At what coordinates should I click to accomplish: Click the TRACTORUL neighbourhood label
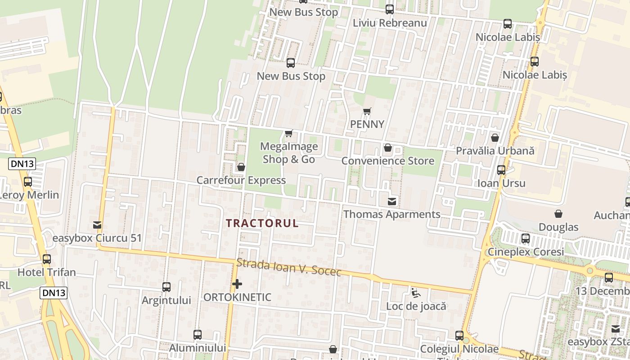(262, 223)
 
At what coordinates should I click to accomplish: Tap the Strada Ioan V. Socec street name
(289, 266)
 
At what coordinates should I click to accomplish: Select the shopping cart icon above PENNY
(367, 111)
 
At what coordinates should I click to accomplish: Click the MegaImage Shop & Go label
(289, 153)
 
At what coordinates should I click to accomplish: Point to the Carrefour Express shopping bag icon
(241, 167)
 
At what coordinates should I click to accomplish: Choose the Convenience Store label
(388, 161)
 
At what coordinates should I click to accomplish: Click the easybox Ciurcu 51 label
(97, 238)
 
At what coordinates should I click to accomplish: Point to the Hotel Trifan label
(47, 272)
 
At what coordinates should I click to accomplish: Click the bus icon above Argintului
(166, 287)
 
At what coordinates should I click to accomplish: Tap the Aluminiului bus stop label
(197, 348)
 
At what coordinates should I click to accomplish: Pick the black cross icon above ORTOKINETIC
(237, 284)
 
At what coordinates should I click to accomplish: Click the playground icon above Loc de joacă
(416, 293)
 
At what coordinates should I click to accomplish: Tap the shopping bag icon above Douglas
(558, 214)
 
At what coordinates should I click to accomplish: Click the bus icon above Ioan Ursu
(501, 170)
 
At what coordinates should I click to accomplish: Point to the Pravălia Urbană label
(495, 151)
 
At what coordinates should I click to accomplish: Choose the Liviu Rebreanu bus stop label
(390, 22)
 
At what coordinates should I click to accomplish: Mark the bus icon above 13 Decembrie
(609, 278)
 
